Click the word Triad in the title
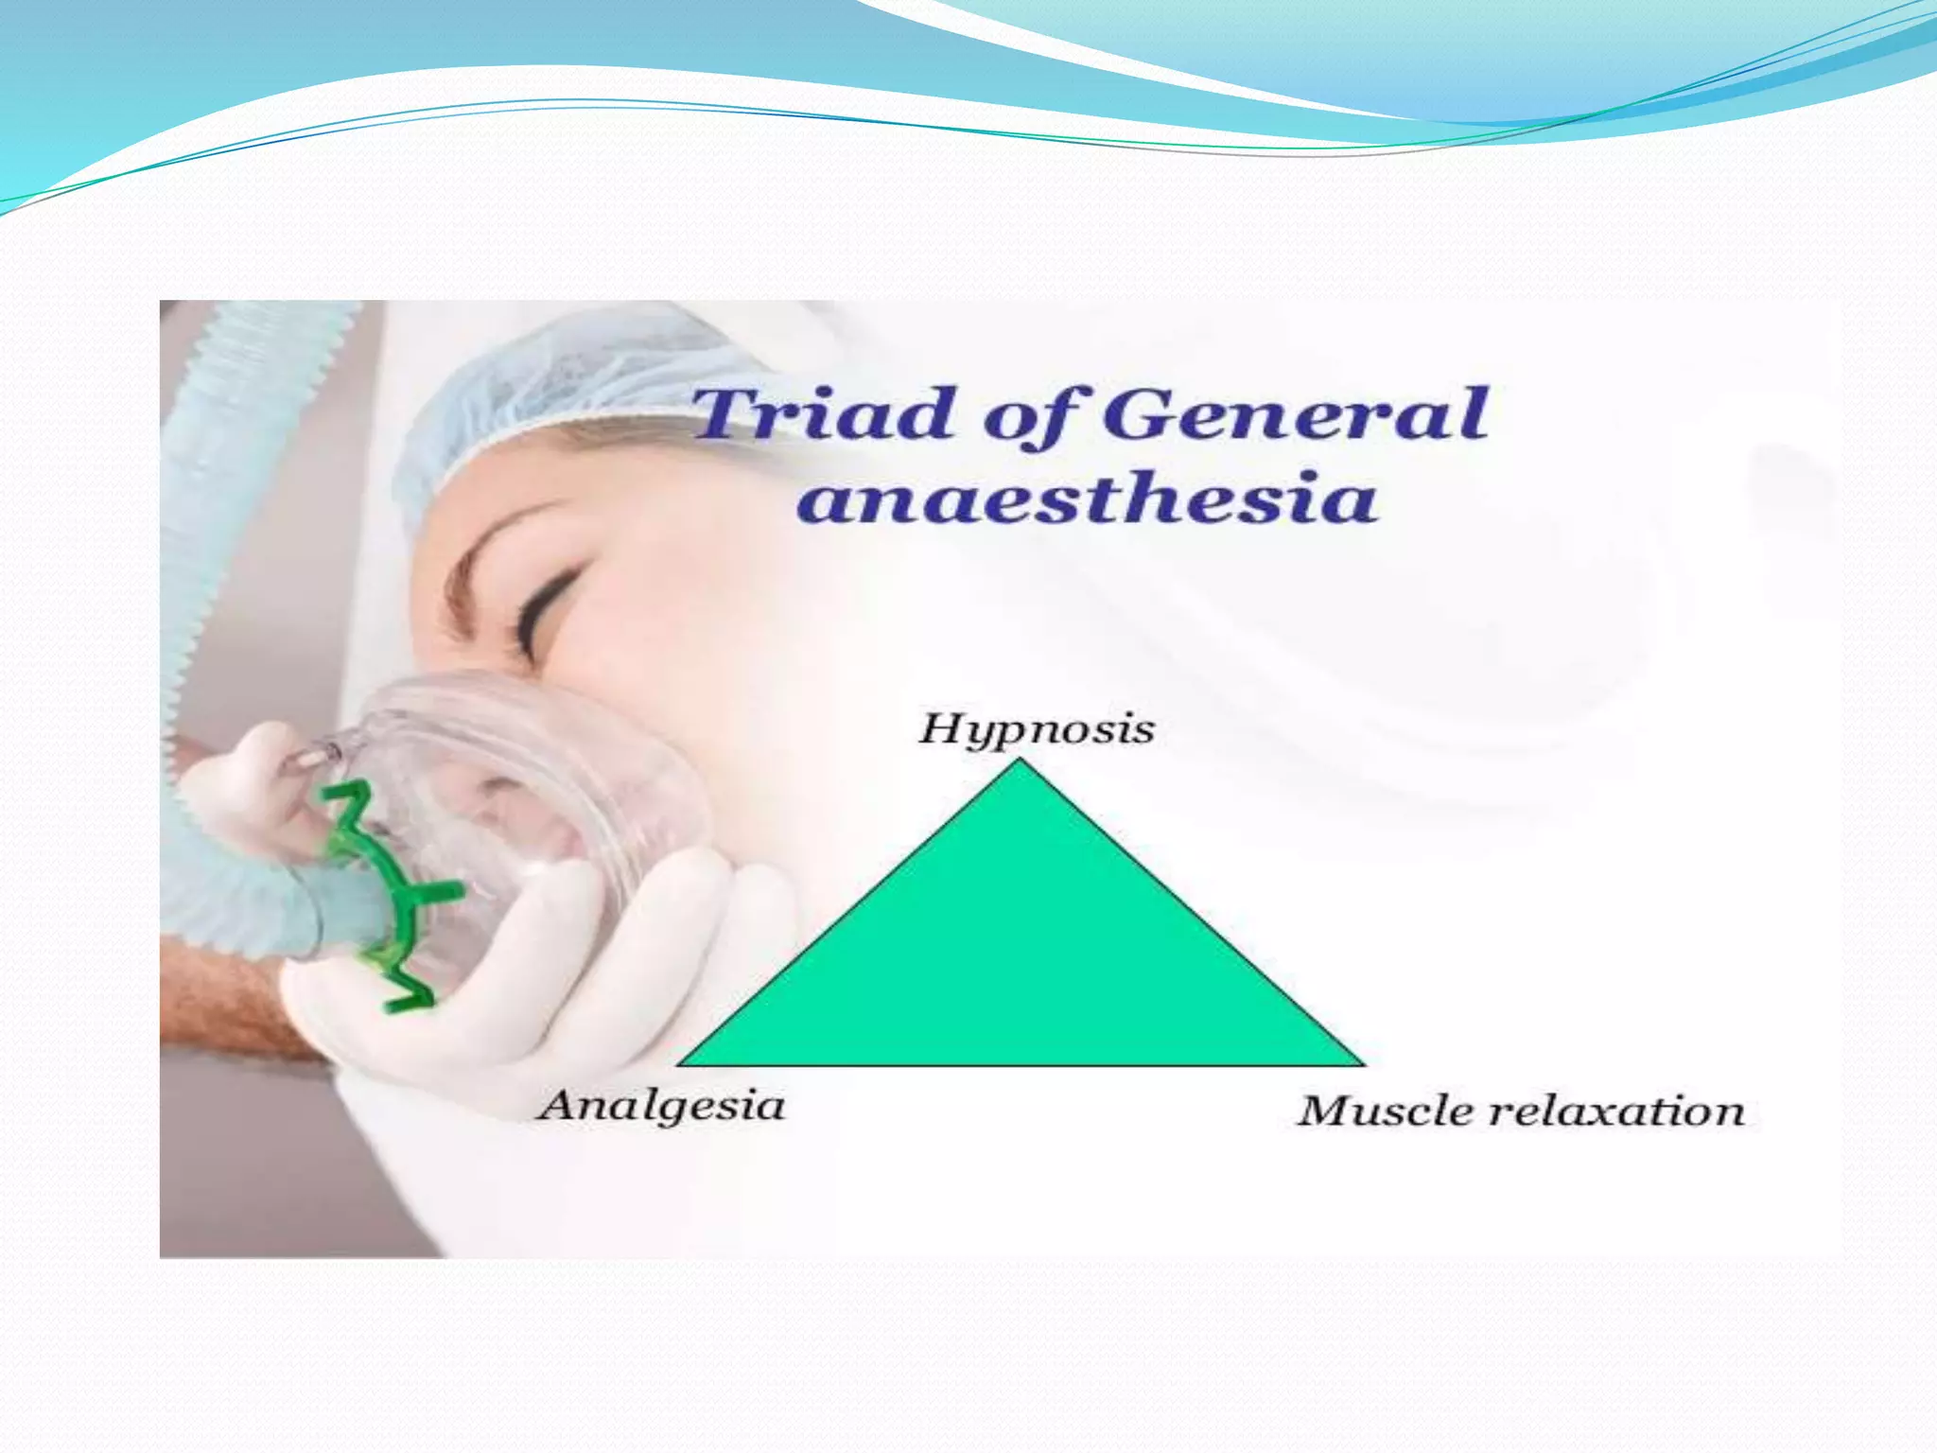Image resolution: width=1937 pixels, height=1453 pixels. point(821,414)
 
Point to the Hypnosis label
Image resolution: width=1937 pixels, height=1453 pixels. point(1037,730)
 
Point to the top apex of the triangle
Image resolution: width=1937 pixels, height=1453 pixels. point(1020,761)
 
